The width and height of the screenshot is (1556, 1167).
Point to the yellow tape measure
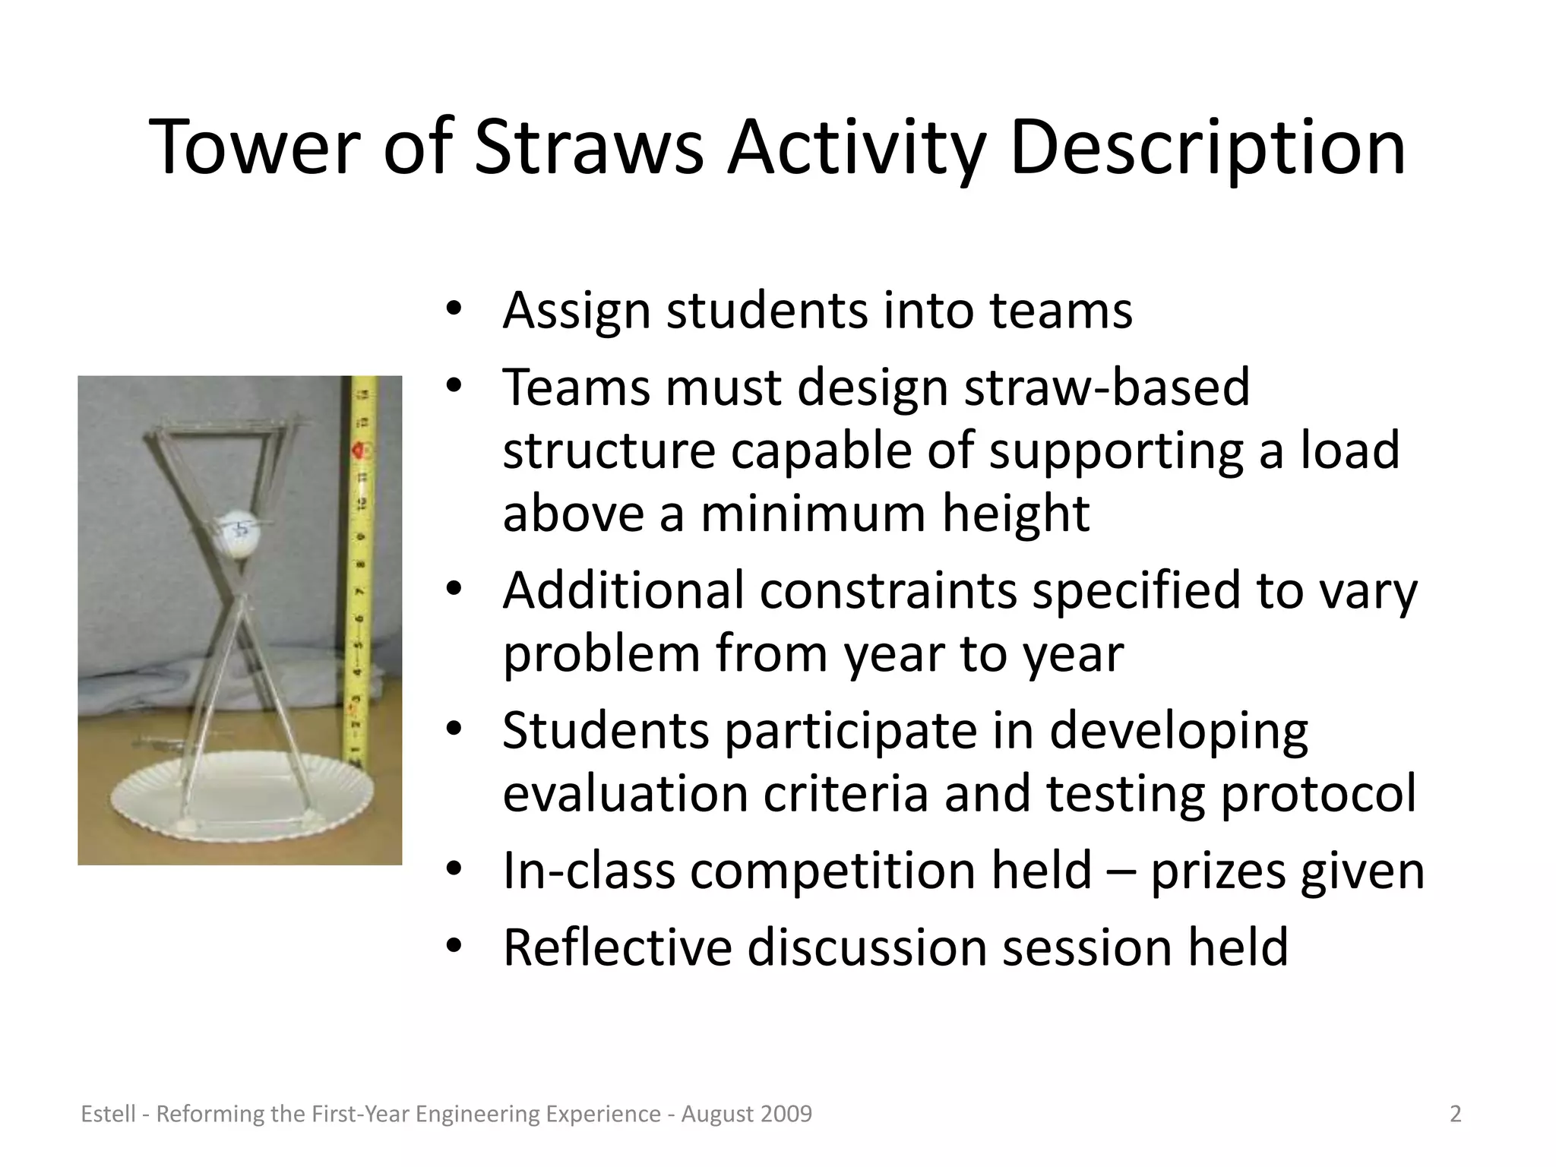pyautogui.click(x=361, y=570)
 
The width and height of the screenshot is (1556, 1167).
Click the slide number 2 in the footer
pyautogui.click(x=1455, y=1114)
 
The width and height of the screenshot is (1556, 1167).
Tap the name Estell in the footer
pyautogui.click(x=108, y=1114)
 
